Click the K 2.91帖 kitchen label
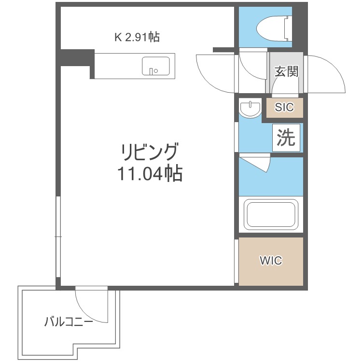[x=137, y=37]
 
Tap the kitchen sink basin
[x=155, y=66]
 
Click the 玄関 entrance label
[x=286, y=71]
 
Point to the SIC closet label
[x=284, y=108]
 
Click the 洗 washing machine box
[x=286, y=138]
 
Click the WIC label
[x=270, y=261]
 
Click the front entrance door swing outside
[x=328, y=75]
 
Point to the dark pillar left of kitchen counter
[x=77, y=59]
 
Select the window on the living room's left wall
[x=58, y=237]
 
